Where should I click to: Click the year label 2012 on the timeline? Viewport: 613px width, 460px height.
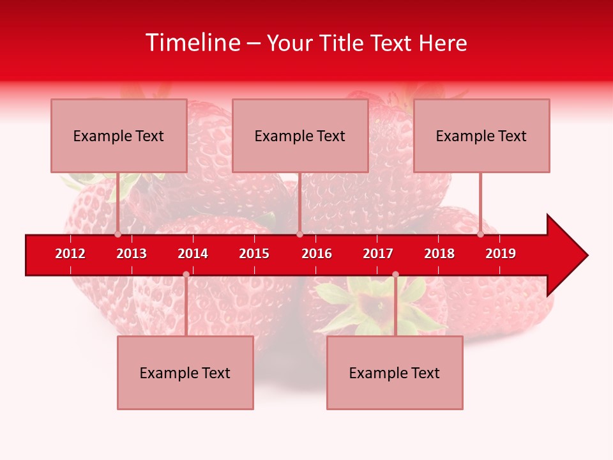(x=70, y=254)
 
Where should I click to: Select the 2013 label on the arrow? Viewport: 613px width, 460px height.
(x=132, y=254)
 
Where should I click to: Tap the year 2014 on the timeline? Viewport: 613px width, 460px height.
(x=193, y=254)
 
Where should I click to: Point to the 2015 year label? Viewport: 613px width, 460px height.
(x=254, y=254)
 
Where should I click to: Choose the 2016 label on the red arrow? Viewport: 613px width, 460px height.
(x=317, y=254)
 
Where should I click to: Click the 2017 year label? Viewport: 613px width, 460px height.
(x=378, y=254)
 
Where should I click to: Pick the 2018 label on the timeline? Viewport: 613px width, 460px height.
(x=439, y=254)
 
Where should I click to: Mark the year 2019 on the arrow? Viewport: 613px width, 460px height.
(x=501, y=254)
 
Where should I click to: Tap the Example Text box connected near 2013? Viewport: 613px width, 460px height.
(x=119, y=135)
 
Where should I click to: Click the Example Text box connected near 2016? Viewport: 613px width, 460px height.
(x=300, y=135)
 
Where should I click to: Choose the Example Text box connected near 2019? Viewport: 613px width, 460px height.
(x=481, y=135)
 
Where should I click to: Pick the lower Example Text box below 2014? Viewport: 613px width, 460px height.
(x=185, y=372)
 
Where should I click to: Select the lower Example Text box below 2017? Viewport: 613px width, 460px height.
(x=395, y=372)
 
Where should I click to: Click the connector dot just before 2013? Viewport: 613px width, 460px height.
(x=117, y=234)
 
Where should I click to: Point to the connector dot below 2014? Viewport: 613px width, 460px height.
(x=186, y=274)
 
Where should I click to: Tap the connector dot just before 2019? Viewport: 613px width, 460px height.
(x=480, y=234)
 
